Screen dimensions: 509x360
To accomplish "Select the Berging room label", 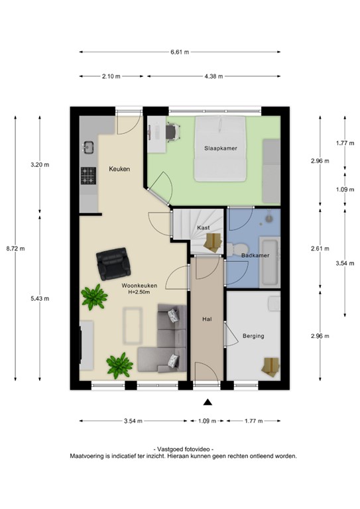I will pyautogui.click(x=253, y=336).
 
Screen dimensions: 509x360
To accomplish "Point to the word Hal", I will pyautogui.click(x=206, y=319).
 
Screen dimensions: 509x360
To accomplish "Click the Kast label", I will pyautogui.click(x=203, y=227).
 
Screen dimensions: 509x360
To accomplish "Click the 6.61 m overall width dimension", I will pyautogui.click(x=180, y=52).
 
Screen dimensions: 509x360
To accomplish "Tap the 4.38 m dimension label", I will pyautogui.click(x=213, y=76).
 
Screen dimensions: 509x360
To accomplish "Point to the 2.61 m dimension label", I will pyautogui.click(x=320, y=249).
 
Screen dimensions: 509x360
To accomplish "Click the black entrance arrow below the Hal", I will pyautogui.click(x=208, y=402).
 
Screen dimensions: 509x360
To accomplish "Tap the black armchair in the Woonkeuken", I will pyautogui.click(x=113, y=263).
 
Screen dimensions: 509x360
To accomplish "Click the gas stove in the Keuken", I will pyautogui.click(x=88, y=176).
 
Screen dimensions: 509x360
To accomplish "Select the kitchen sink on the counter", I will pyautogui.click(x=88, y=146).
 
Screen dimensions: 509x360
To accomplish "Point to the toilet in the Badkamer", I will pyautogui.click(x=233, y=249).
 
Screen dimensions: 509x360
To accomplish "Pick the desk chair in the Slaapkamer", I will pyautogui.click(x=171, y=132).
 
